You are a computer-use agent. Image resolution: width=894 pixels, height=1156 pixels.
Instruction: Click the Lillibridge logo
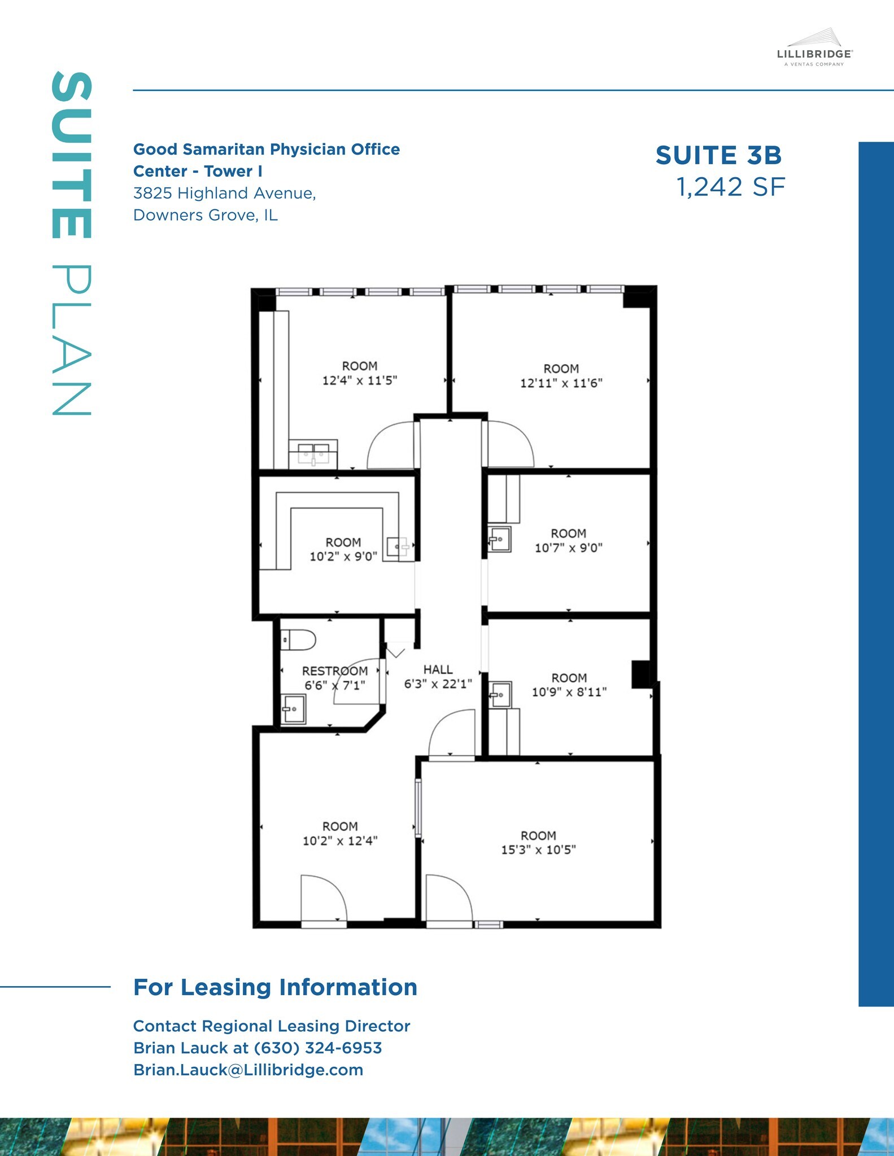pos(814,49)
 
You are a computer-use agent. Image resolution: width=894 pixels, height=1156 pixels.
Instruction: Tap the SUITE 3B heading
pos(718,156)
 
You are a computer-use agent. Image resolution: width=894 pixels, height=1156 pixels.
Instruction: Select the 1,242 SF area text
pos(730,187)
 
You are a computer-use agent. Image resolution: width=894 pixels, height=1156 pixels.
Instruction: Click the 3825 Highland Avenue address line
pos(224,193)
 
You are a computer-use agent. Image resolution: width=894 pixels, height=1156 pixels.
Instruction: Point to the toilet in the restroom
pos(298,640)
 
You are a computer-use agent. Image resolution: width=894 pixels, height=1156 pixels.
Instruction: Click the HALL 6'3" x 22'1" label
pos(438,677)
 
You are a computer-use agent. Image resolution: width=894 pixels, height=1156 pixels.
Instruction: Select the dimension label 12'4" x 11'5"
pos(359,380)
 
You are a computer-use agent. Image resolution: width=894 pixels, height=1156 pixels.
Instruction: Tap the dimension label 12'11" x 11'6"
pos(561,383)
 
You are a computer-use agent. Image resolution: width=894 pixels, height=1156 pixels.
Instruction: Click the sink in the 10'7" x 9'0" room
pos(499,539)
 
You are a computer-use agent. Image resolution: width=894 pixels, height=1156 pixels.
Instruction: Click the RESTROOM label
pos(334,671)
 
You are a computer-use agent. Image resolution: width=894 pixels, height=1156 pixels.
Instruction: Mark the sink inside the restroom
pos(293,709)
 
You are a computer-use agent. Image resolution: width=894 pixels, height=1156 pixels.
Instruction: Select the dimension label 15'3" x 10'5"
pos(538,850)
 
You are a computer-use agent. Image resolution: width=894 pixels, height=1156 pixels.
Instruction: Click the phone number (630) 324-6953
pos(318,1048)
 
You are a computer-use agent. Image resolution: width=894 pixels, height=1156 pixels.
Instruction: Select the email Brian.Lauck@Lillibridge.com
pos(248,1070)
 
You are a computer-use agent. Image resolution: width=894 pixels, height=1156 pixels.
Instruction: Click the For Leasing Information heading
pos(275,987)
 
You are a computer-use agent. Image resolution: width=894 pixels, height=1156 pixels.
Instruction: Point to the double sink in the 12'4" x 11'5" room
pos(313,453)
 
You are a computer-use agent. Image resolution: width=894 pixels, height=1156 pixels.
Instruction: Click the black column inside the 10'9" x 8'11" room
pos(640,674)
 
